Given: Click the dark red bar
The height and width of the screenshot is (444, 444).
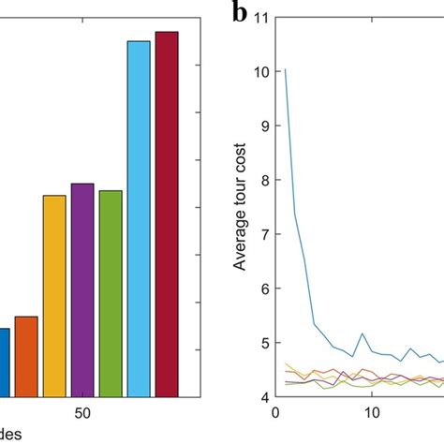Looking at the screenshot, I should [x=166, y=215].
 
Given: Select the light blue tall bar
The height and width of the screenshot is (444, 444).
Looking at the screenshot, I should [x=139, y=220].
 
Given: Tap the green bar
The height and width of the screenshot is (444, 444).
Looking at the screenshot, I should [x=111, y=294].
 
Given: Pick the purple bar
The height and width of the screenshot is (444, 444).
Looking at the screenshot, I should [x=82, y=290].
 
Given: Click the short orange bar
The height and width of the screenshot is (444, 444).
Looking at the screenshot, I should [x=26, y=357].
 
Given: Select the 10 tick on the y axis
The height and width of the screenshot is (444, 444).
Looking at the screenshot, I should [x=260, y=72].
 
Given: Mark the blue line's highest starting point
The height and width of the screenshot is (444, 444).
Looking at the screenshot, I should [x=285, y=69].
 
